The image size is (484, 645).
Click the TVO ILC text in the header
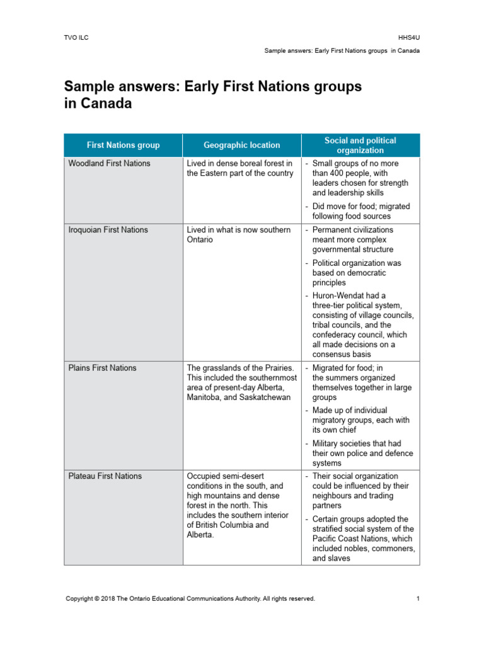pos(78,38)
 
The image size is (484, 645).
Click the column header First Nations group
pos(124,146)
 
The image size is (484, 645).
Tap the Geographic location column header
pos(242,146)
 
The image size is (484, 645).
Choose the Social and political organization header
pos(360,146)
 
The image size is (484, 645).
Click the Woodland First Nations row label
pos(109,164)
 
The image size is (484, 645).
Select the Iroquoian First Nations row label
pos(108,231)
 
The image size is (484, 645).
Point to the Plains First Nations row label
pos(102,368)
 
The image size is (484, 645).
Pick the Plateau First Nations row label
pos(105,476)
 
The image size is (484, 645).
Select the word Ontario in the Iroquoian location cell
pos(200,240)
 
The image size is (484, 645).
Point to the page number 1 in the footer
pos(418,599)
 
